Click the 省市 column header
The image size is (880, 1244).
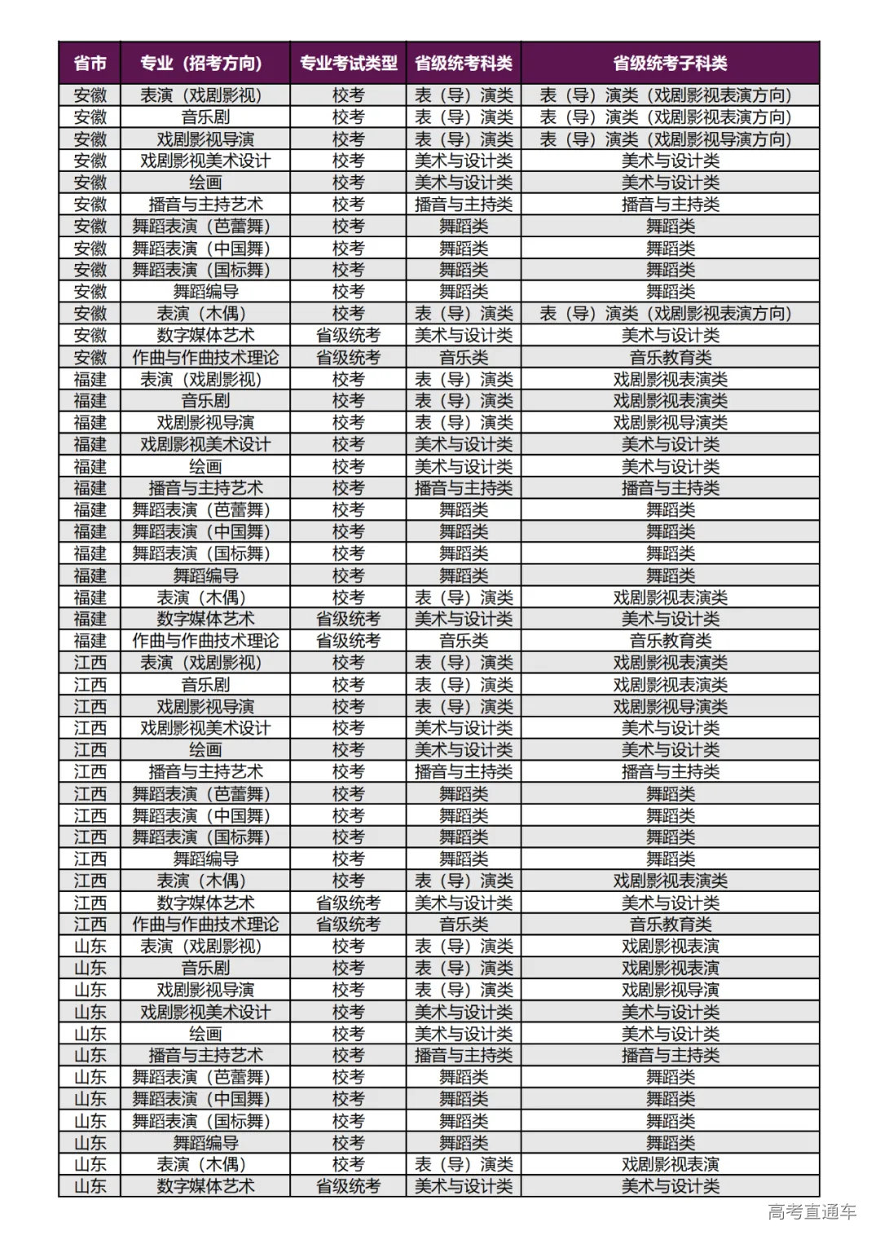(x=90, y=63)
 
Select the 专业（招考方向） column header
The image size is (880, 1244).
(x=205, y=63)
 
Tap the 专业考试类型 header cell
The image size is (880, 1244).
(x=348, y=63)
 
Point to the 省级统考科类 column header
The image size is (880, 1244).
(x=464, y=63)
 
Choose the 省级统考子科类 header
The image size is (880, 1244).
(x=670, y=63)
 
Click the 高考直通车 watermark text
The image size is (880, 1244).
(x=812, y=1212)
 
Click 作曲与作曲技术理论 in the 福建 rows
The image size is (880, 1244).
(x=205, y=641)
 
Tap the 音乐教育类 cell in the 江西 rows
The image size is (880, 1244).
(x=670, y=924)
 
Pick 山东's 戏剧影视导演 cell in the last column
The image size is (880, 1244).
(x=670, y=990)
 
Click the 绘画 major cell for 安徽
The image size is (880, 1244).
(x=205, y=183)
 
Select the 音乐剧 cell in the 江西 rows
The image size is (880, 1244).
(x=205, y=685)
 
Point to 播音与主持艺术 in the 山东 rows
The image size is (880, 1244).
(x=205, y=1056)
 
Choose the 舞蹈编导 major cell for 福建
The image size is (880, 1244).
(x=205, y=576)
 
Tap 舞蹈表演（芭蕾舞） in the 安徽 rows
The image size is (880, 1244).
(x=205, y=227)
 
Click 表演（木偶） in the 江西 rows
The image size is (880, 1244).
(x=205, y=880)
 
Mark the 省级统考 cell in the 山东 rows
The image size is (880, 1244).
(x=348, y=1186)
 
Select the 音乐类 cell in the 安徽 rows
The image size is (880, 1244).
(x=464, y=357)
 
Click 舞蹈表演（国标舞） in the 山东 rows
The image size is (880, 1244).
(x=205, y=1121)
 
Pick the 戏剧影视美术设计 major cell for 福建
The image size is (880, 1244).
(x=205, y=444)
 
